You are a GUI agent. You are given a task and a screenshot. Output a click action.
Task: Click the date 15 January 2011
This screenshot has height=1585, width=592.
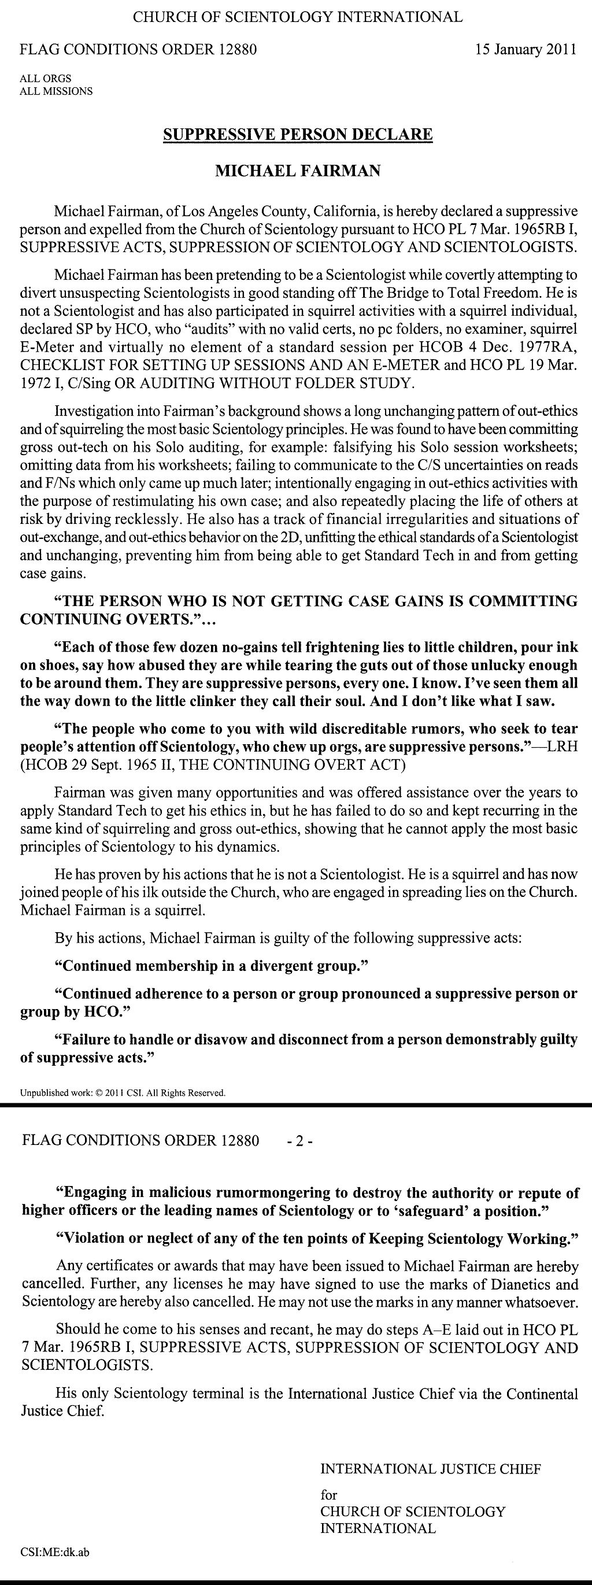tap(526, 50)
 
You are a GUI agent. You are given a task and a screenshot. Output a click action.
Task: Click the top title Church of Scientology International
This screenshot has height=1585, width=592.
tap(298, 17)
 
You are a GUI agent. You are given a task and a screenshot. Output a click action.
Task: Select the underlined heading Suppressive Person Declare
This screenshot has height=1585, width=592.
tap(297, 134)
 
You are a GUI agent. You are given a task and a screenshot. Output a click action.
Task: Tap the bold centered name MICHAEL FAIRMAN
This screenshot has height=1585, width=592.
tap(297, 171)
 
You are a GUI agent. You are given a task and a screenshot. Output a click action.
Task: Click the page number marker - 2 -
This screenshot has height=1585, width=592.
tap(300, 1141)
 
